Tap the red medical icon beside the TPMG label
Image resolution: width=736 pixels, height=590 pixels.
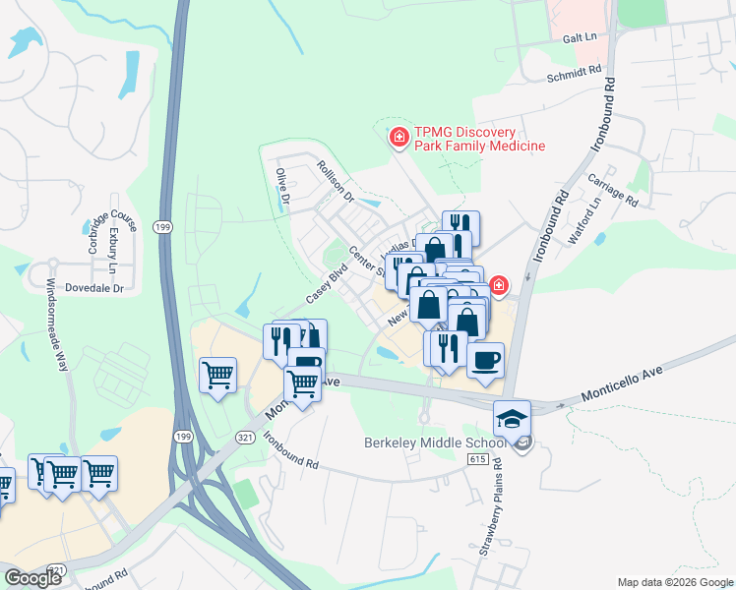tap(399, 138)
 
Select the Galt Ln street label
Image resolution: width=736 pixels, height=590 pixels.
tap(581, 36)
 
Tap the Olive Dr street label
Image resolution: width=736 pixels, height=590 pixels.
tap(282, 186)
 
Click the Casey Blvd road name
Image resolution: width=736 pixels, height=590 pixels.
tap(327, 283)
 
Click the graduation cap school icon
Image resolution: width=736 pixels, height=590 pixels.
tap(512, 417)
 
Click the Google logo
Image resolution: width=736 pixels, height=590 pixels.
tap(32, 578)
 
